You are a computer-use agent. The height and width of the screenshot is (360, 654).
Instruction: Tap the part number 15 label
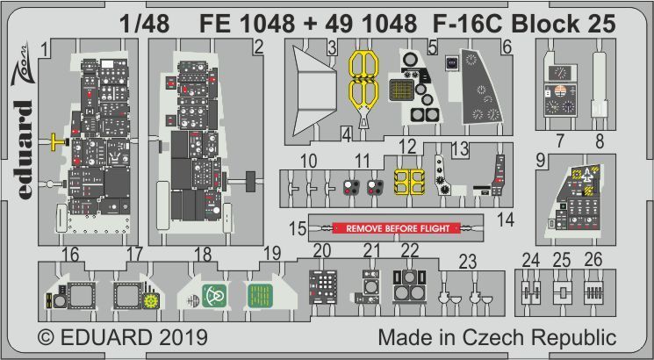pos(298,229)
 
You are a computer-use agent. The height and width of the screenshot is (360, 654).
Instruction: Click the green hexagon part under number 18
pos(212,297)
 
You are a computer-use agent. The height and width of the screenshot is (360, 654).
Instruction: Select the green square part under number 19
pos(258,297)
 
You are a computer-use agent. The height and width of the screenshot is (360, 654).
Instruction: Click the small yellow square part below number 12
pos(406,181)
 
